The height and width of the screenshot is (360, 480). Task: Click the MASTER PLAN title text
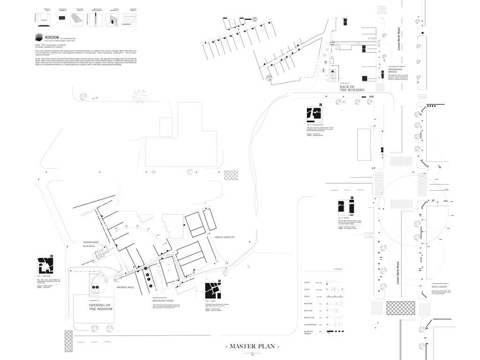tap(253, 346)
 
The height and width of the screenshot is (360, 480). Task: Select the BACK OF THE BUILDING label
tap(352, 88)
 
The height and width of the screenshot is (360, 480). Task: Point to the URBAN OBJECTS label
tap(224, 237)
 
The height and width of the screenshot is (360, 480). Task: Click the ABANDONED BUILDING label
tap(91, 244)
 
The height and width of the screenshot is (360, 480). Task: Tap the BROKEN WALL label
tap(126, 287)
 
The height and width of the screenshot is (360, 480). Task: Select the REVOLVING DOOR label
tap(163, 300)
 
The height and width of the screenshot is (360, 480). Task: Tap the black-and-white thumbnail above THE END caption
tap(45, 265)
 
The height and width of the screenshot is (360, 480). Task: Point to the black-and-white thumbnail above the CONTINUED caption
tap(315, 114)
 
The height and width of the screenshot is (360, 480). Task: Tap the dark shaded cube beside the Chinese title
tap(39, 37)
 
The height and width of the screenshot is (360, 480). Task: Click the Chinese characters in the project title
tap(51, 36)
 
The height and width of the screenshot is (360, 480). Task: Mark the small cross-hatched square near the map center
tap(231, 175)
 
